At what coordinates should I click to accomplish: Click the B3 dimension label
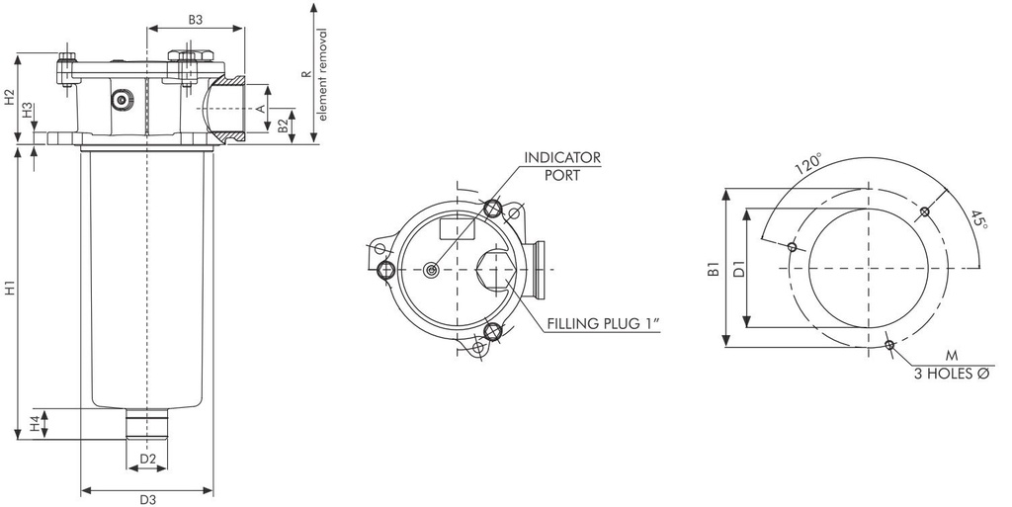tap(195, 20)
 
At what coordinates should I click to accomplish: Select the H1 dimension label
tap(9, 291)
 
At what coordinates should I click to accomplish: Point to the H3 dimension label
tap(29, 110)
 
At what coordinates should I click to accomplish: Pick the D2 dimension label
tap(147, 459)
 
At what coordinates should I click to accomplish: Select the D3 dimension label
tap(147, 499)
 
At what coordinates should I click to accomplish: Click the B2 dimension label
tap(283, 126)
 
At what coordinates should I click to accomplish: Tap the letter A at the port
tap(262, 108)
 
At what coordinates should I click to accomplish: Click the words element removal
tap(321, 74)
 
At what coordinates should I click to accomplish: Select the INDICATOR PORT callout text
tap(561, 166)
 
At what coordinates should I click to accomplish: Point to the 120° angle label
tap(808, 161)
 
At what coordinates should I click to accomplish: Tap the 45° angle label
tap(978, 218)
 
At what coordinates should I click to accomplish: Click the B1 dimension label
tap(713, 268)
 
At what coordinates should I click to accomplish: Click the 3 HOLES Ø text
tap(952, 374)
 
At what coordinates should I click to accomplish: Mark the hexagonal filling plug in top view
tap(495, 270)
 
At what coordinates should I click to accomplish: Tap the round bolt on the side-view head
tap(122, 101)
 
